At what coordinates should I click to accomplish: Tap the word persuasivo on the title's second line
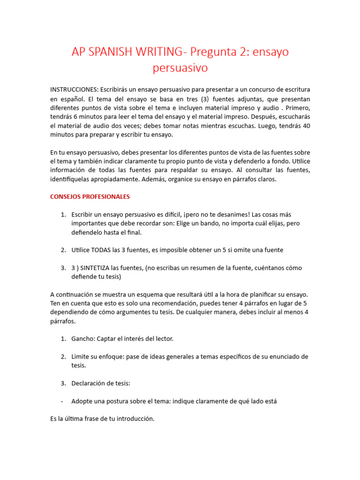(x=180, y=68)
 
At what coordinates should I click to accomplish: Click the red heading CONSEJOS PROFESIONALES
(x=90, y=196)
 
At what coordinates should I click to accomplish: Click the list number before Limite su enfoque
(x=63, y=356)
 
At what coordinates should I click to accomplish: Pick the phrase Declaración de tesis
(x=100, y=383)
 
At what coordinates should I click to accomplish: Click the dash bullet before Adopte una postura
(x=62, y=401)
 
